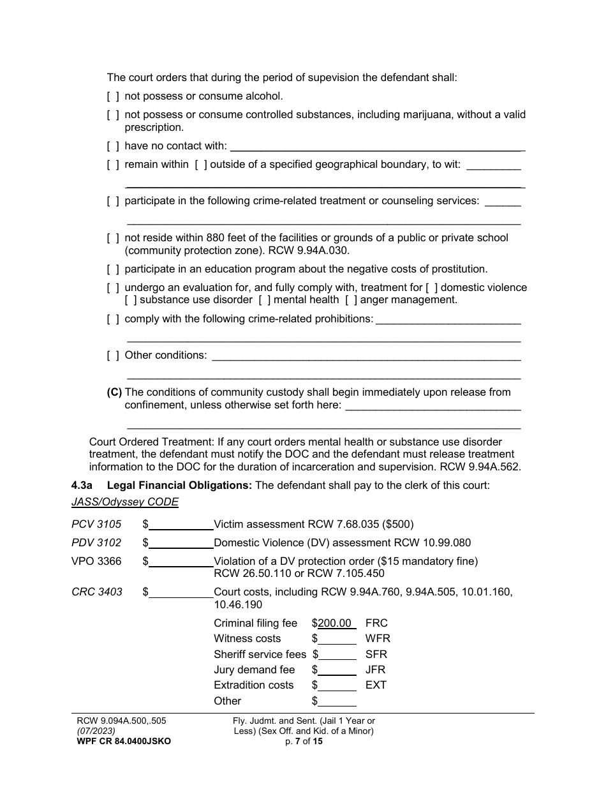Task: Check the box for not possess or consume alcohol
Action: (113, 96)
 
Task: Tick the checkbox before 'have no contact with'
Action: (113, 146)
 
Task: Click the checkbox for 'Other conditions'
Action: (113, 355)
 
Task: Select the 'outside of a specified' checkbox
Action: (201, 165)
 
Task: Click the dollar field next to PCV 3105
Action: (181, 525)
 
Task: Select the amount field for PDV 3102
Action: (181, 543)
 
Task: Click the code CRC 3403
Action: (96, 592)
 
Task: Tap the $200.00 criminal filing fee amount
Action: (336, 624)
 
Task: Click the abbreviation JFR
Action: (376, 670)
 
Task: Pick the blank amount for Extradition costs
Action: (337, 685)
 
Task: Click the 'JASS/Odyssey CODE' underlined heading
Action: (125, 502)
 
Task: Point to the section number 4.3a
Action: (82, 486)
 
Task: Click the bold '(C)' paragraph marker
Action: (114, 392)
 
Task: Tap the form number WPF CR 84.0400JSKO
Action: (123, 742)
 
